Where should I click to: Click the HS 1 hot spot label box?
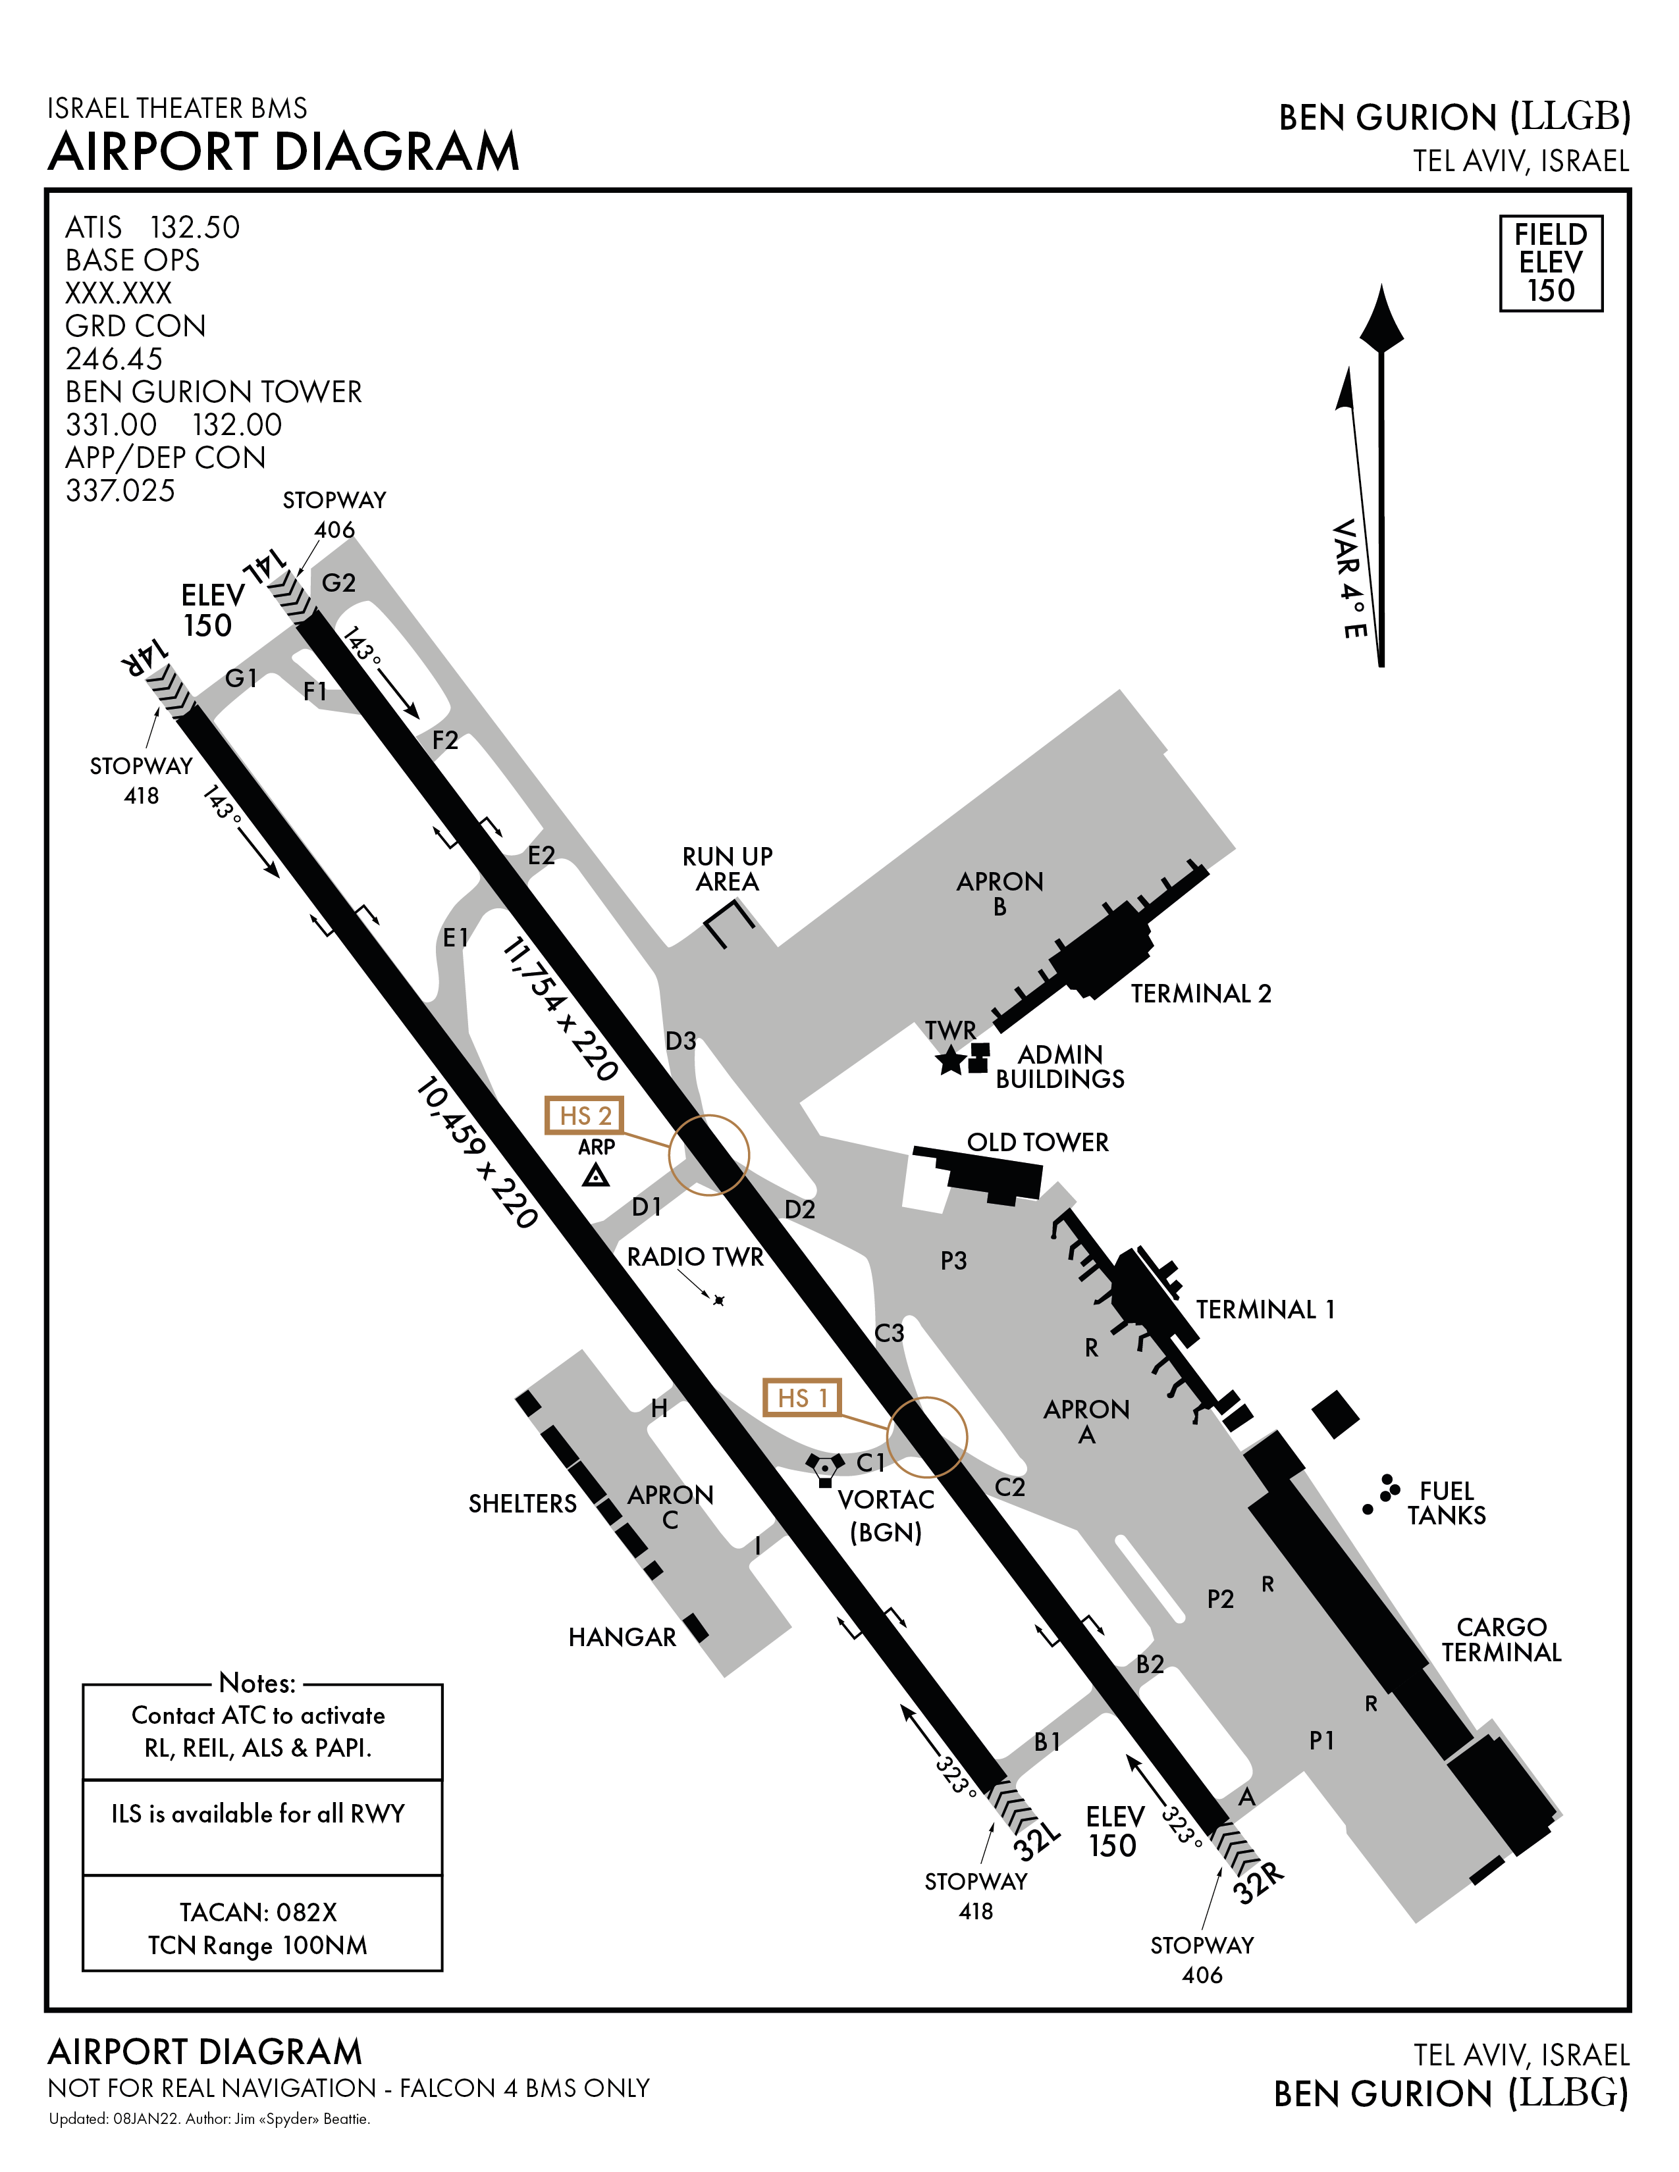802,1397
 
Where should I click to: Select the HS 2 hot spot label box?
584,1115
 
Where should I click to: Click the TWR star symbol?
951,1061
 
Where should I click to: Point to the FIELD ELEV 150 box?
1550,263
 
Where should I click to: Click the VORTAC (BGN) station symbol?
824,1468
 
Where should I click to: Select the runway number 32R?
1258,1882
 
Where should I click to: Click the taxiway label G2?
338,582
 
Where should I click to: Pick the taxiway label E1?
456,937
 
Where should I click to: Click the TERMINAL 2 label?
1200,993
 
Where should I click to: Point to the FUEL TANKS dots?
1383,1491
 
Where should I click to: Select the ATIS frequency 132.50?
195,228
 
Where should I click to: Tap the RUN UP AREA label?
727,868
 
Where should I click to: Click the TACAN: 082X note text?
257,1911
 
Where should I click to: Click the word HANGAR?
622,1637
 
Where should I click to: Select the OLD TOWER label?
1038,1142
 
